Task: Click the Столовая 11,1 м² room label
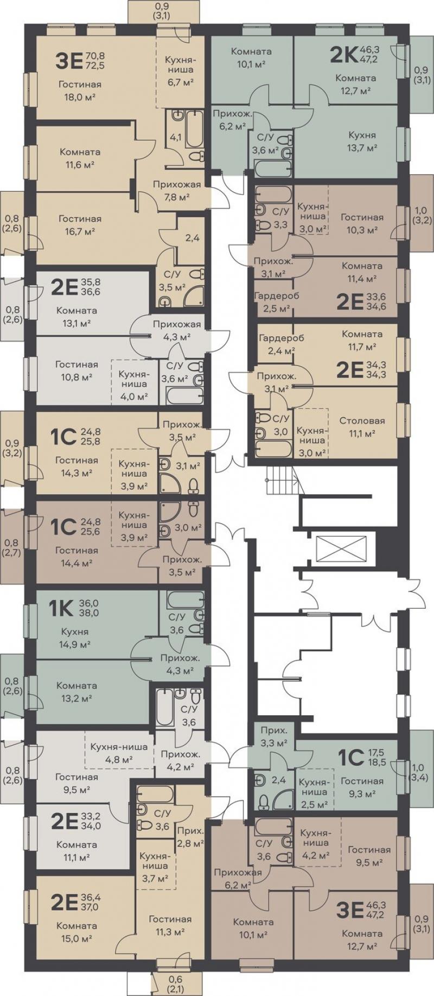point(362,427)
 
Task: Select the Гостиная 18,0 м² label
point(80,91)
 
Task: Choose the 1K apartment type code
point(61,608)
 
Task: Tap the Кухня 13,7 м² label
point(362,141)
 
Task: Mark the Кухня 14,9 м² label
point(75,638)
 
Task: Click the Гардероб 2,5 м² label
point(276,302)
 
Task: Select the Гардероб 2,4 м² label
point(281,344)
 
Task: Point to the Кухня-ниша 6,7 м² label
point(180,71)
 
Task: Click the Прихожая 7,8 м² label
point(177,190)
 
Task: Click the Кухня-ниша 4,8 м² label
point(119,753)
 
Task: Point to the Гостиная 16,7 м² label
point(80,224)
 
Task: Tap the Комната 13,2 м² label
point(76,691)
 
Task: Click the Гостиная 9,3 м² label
point(362,787)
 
